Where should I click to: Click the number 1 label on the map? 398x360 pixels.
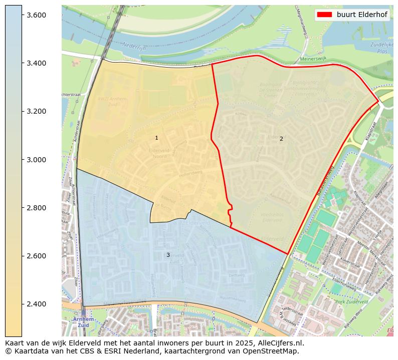point(156,138)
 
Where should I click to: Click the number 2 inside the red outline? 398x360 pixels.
point(281,139)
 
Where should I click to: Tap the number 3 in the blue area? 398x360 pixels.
point(168,255)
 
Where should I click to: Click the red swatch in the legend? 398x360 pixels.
point(324,15)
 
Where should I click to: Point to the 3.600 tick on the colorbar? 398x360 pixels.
point(36,15)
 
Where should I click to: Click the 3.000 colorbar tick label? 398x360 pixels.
point(36,160)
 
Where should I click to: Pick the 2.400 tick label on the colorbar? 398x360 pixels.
point(36,304)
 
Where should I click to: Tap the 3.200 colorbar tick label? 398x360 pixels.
point(36,111)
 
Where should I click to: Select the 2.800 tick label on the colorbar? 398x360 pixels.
point(36,208)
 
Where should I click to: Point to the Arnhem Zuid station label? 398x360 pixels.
point(82,322)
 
